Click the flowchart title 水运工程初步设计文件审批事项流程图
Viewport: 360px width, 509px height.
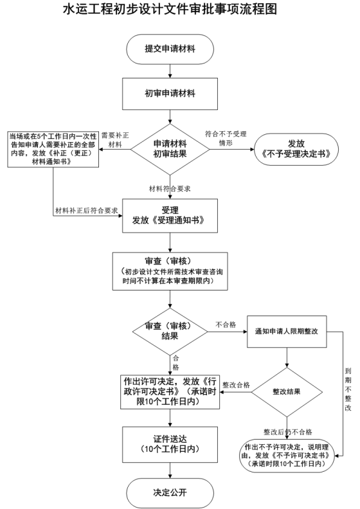[170, 9]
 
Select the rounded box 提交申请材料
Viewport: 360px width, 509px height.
[170, 49]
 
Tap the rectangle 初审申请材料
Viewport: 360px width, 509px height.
[170, 93]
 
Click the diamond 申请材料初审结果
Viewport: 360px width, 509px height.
[170, 149]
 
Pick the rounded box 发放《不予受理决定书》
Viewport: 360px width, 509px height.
[296, 149]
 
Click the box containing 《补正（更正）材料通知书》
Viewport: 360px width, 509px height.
[53, 149]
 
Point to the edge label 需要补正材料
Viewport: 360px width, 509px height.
[115, 140]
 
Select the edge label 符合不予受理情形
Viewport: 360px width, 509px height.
[226, 138]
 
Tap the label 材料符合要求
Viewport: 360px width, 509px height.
[170, 188]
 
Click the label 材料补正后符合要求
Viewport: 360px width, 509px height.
[87, 210]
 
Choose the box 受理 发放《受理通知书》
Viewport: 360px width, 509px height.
[170, 216]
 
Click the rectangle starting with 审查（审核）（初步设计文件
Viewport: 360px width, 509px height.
[170, 271]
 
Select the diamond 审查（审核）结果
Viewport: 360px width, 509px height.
[170, 332]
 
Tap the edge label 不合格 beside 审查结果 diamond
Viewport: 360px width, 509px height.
[226, 325]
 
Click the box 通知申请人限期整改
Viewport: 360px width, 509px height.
[287, 332]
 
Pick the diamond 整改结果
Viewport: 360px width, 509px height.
[287, 392]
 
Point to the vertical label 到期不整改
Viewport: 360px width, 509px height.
[348, 389]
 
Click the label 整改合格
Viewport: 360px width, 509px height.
[237, 385]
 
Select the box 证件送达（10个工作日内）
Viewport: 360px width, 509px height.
[170, 444]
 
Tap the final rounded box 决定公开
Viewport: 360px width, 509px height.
[170, 492]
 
